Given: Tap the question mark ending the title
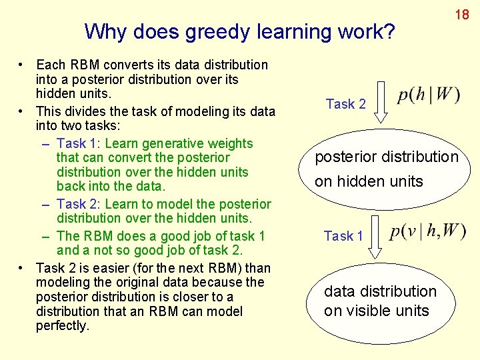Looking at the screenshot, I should pos(389,31).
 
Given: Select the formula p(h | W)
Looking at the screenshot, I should pos(428,95).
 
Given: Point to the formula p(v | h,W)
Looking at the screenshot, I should pos(428,231).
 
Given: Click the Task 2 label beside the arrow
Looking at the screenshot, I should pos(345,104).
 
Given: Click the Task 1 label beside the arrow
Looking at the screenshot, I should pos(343,236).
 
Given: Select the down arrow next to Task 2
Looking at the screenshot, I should pos(381,102).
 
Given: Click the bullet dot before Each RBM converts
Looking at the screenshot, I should pos(23,65).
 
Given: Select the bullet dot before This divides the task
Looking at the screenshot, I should pos(23,109).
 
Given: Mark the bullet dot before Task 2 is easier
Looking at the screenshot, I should pos(23,268).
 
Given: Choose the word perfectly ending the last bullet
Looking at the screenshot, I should pos(63,326).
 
